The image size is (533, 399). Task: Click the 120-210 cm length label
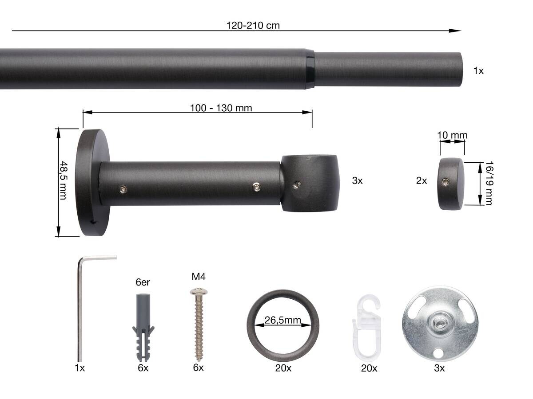click(253, 25)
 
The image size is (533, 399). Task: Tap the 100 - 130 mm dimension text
click(221, 108)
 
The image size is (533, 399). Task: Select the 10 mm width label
click(452, 135)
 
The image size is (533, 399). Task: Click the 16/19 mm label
click(488, 183)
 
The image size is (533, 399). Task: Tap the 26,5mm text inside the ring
click(283, 321)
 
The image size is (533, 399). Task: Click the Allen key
click(81, 306)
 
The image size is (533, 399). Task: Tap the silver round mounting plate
click(440, 324)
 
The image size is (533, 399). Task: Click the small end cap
click(452, 183)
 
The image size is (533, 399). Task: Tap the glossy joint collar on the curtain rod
click(310, 69)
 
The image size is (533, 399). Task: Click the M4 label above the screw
click(198, 277)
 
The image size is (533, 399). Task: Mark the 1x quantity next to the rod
click(478, 70)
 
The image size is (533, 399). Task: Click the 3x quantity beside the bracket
click(357, 180)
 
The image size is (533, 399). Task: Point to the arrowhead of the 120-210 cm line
click(455, 31)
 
